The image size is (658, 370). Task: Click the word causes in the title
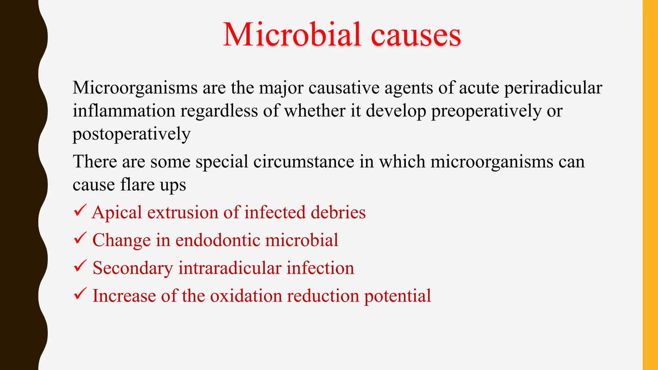point(416,35)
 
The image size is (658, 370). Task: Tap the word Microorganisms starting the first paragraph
point(135,88)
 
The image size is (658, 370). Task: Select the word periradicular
point(553,88)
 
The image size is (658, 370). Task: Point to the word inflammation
point(124,111)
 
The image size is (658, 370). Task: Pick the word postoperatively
point(131,134)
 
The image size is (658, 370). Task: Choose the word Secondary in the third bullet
point(133,268)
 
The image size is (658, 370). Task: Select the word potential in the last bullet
point(397,296)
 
